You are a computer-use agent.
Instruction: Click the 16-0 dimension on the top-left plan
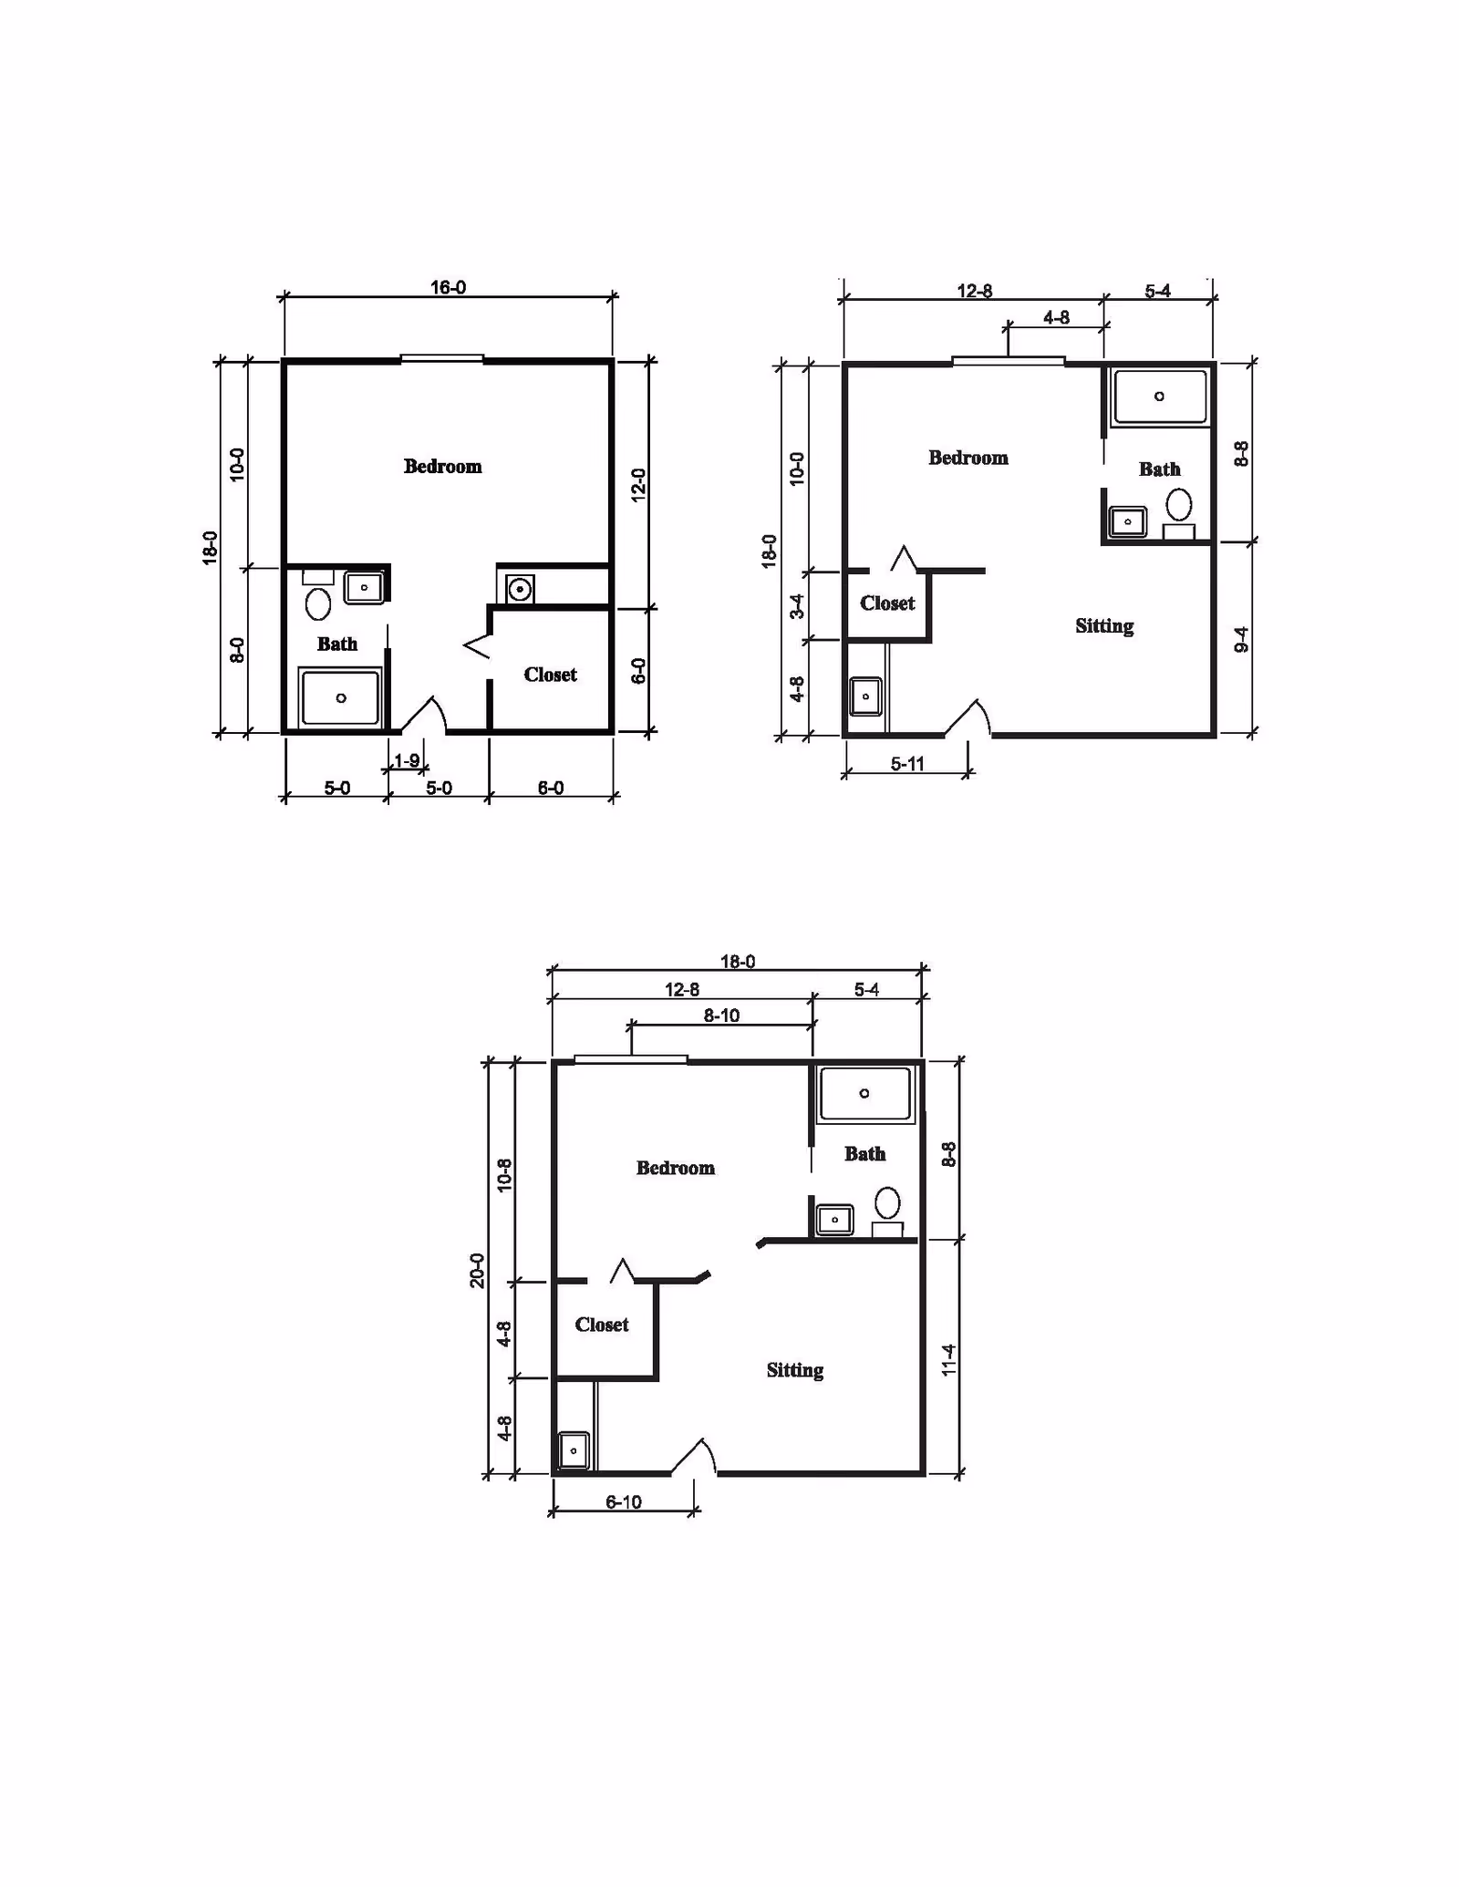(448, 287)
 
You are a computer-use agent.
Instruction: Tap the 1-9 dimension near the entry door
(407, 760)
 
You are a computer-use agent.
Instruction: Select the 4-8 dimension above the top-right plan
(1056, 317)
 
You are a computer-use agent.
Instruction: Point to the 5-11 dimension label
(907, 764)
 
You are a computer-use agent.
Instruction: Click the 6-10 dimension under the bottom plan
(624, 1501)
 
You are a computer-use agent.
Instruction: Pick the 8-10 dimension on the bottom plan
(721, 1016)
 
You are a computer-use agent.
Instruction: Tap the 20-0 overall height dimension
(477, 1271)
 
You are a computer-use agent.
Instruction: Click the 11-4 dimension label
(948, 1360)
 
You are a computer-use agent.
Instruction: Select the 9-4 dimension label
(1241, 640)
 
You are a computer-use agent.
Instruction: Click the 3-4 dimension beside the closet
(797, 606)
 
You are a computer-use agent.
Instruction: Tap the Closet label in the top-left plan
(550, 675)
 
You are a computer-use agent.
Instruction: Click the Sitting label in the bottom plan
(795, 1370)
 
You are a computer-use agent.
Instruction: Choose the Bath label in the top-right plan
(1159, 469)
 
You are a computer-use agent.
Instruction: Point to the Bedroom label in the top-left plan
(442, 467)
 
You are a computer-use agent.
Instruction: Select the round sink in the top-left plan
(520, 589)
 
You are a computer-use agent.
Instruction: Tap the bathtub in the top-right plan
(1159, 397)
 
